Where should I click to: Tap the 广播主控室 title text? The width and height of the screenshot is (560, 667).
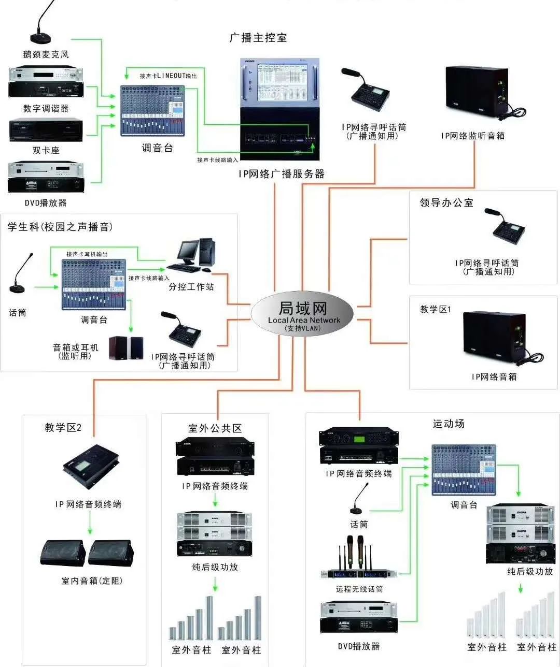[x=258, y=38]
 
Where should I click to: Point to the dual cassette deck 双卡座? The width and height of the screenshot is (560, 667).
[x=46, y=130]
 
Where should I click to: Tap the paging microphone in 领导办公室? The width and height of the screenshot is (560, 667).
[x=505, y=229]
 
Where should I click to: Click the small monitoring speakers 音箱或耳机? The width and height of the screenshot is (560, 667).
[x=126, y=347]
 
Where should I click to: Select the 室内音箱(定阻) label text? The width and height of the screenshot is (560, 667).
[x=92, y=581]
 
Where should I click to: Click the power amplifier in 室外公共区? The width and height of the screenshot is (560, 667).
[x=215, y=534]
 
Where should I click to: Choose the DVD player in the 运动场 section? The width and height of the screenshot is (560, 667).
[x=359, y=617]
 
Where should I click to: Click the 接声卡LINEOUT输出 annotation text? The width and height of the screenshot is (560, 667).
[x=169, y=76]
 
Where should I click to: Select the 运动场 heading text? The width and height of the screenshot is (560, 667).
[x=449, y=424]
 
